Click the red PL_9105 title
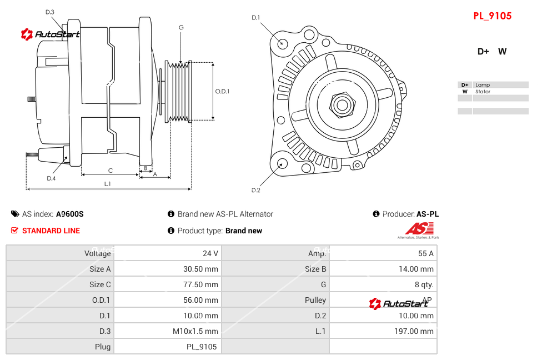[x=492, y=16]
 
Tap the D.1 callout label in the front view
[x=255, y=18]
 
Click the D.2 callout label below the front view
[x=255, y=191]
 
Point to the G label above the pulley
[x=181, y=27]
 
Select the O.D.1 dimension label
[x=222, y=91]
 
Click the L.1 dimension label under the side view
[x=107, y=183]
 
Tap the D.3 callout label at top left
[x=49, y=12]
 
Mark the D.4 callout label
[x=51, y=178]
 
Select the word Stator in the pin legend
[x=483, y=92]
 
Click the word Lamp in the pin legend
[x=482, y=85]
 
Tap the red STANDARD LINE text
[x=51, y=231]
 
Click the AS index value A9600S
[x=69, y=214]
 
